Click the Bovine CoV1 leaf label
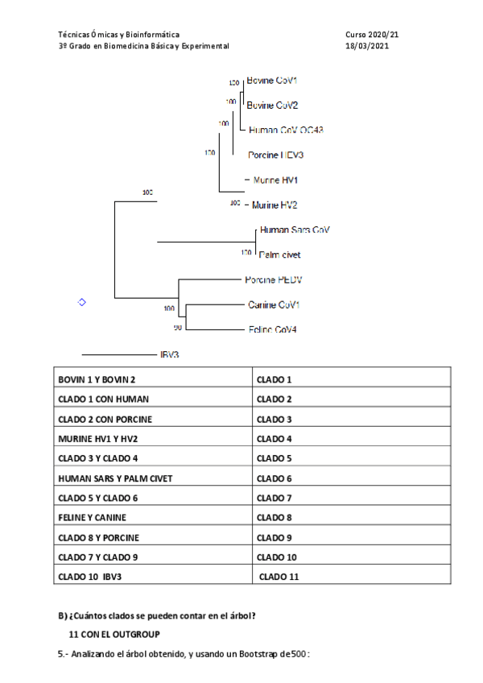point(271,81)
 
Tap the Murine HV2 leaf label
point(275,205)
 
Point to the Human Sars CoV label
point(295,230)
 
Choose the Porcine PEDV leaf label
point(273,279)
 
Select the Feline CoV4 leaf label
point(271,329)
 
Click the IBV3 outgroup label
point(169,354)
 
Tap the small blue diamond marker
point(80,302)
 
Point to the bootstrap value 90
point(178,328)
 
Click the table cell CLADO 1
point(274,379)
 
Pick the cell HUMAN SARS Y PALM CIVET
point(115,478)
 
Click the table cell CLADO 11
point(279,577)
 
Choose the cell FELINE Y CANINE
point(92,517)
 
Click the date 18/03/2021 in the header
point(366,47)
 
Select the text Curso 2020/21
point(371,35)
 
